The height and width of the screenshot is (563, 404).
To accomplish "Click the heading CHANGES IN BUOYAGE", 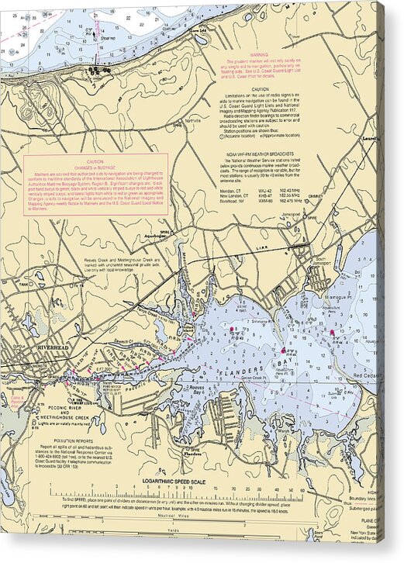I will tap(95, 167).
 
